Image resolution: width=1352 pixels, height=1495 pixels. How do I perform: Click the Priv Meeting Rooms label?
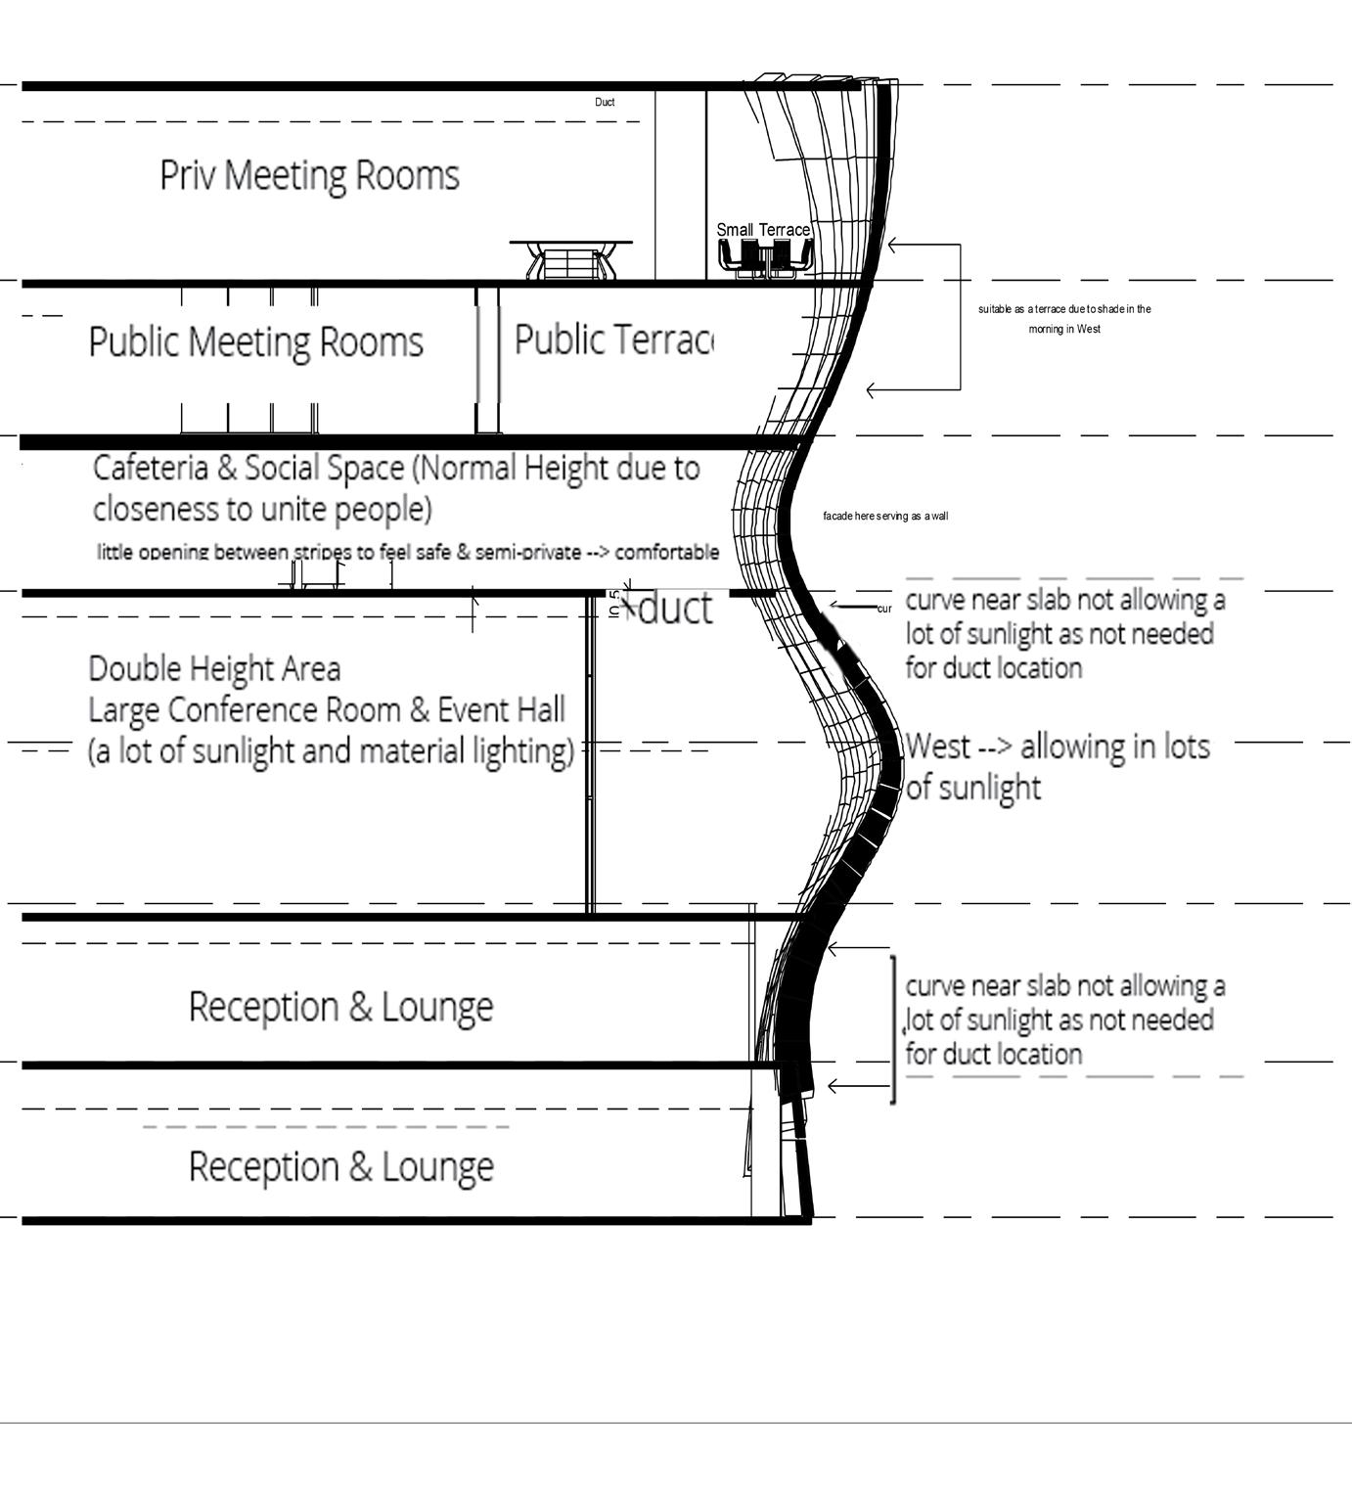309,176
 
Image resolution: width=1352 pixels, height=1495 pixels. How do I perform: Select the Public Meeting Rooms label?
255,342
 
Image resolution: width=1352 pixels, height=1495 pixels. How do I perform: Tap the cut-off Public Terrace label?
613,340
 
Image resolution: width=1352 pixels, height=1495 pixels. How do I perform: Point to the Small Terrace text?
763,230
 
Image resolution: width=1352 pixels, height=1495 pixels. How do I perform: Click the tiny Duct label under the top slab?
605,102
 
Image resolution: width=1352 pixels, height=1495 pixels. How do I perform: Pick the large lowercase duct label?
675,609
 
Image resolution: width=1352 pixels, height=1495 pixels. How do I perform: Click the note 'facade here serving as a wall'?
885,516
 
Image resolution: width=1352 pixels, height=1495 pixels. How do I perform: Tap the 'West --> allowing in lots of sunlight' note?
1057,766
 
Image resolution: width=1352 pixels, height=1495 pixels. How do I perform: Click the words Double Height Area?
214,669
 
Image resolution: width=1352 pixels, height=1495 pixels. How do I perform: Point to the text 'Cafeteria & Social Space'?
248,469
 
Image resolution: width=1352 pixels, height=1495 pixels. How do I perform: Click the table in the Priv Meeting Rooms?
570,259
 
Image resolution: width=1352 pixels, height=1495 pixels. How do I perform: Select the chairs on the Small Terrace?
766,257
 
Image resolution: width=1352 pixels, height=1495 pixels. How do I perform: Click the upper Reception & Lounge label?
340,1007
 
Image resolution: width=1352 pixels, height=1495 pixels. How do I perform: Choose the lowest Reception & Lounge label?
340,1167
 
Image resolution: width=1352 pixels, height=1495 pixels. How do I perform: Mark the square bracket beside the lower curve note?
893,1029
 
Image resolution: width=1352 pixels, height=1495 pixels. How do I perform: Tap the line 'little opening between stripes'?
408,552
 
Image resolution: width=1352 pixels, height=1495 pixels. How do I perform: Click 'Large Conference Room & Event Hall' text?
327,710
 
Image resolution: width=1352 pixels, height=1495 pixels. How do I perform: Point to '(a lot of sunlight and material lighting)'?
331,751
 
